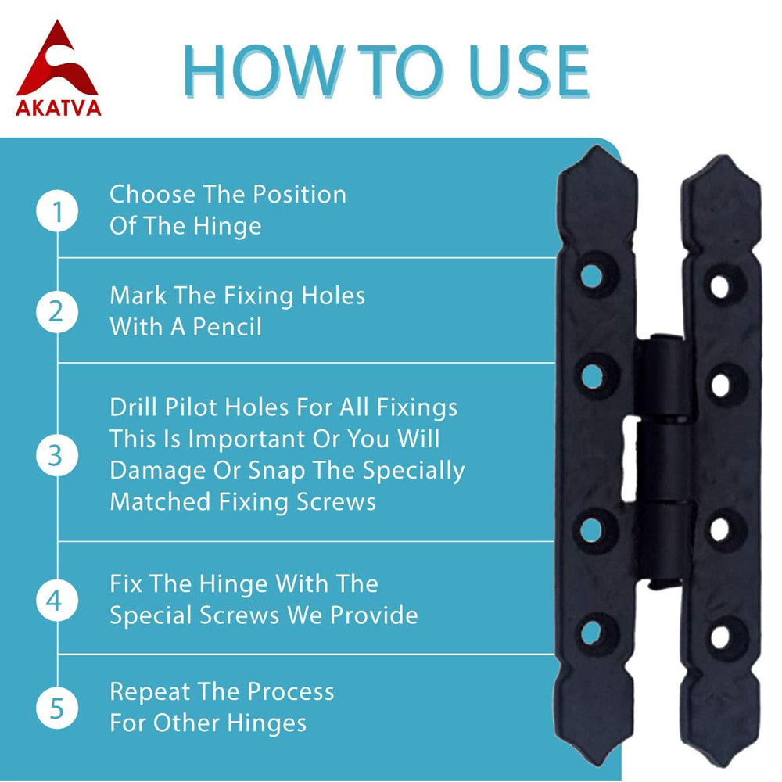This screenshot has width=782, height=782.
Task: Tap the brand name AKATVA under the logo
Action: tap(59, 108)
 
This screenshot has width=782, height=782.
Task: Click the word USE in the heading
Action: tap(529, 71)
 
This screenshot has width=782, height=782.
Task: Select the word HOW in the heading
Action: tap(264, 71)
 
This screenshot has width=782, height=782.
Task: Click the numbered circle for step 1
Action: tap(57, 211)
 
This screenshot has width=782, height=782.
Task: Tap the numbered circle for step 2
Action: tap(57, 312)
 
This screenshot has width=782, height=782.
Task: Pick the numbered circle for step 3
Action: tap(57, 455)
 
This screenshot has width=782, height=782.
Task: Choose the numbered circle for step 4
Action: tap(57, 600)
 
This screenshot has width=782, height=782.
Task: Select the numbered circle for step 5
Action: tap(57, 708)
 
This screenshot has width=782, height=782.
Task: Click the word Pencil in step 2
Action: tap(227, 328)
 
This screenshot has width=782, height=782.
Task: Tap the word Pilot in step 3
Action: tap(192, 407)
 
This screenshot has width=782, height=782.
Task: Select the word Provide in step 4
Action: tap(375, 615)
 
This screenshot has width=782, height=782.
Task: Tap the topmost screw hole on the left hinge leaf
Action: tap(592, 275)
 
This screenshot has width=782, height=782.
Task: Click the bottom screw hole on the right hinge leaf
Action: tap(720, 637)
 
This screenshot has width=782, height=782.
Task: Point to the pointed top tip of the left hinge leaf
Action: tap(597, 147)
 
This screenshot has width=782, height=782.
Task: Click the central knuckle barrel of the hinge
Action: tap(662, 460)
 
